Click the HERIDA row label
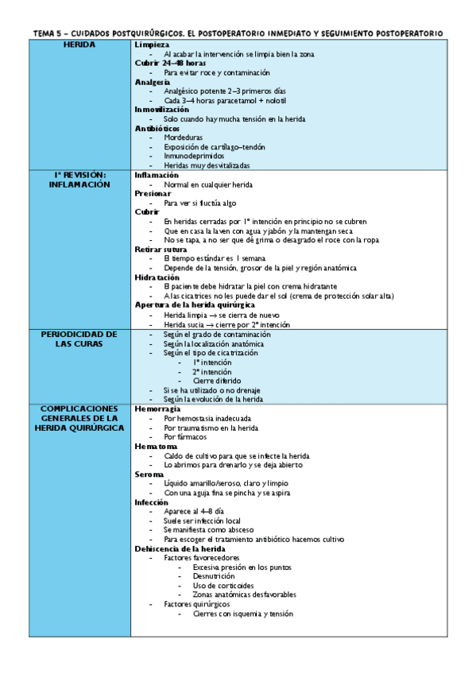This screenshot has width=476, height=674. pyautogui.click(x=79, y=45)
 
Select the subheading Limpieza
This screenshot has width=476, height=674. pyautogui.click(x=152, y=45)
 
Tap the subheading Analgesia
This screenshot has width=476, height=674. pyautogui.click(x=153, y=82)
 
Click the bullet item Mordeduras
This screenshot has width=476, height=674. pyautogui.click(x=184, y=138)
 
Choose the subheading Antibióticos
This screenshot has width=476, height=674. pyautogui.click(x=157, y=128)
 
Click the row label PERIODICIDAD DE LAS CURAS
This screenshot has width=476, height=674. pyautogui.click(x=79, y=339)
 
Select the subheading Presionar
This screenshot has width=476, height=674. pyautogui.click(x=153, y=193)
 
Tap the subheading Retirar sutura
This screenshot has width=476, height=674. pyautogui.click(x=161, y=249)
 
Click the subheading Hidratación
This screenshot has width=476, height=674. pyautogui.click(x=157, y=277)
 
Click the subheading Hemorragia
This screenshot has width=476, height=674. pyautogui.click(x=157, y=409)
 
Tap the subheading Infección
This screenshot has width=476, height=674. pyautogui.click(x=152, y=502)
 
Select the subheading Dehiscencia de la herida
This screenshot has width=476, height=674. pyautogui.click(x=180, y=548)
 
